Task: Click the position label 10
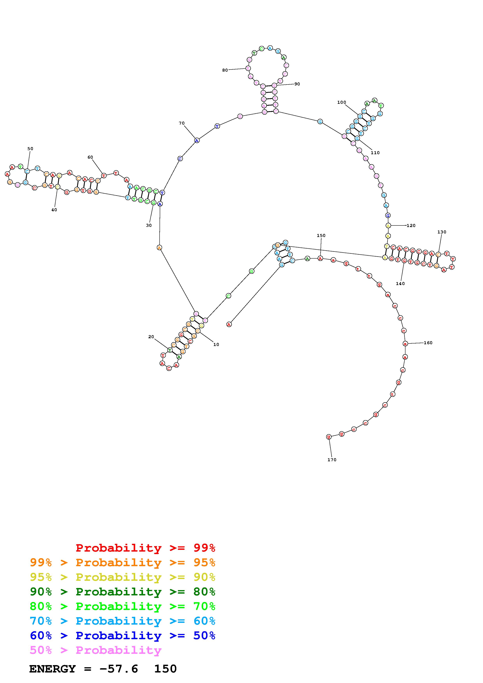pyautogui.click(x=216, y=344)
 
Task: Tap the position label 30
pyautogui.click(x=149, y=225)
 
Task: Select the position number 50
pyautogui.click(x=30, y=149)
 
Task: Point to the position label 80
pyautogui.click(x=225, y=70)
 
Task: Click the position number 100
pyautogui.click(x=342, y=102)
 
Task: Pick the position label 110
pyautogui.click(x=375, y=153)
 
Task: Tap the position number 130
pyautogui.click(x=442, y=232)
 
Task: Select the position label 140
pyautogui.click(x=400, y=283)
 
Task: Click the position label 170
pyautogui.click(x=332, y=460)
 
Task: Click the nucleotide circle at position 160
pyautogui.click(x=405, y=344)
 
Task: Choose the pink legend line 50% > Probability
pyautogui.click(x=96, y=650)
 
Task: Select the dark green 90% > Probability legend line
pyautogui.click(x=123, y=592)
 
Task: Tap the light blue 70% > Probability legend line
pyautogui.click(x=123, y=621)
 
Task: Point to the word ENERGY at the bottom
pyautogui.click(x=52, y=669)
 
